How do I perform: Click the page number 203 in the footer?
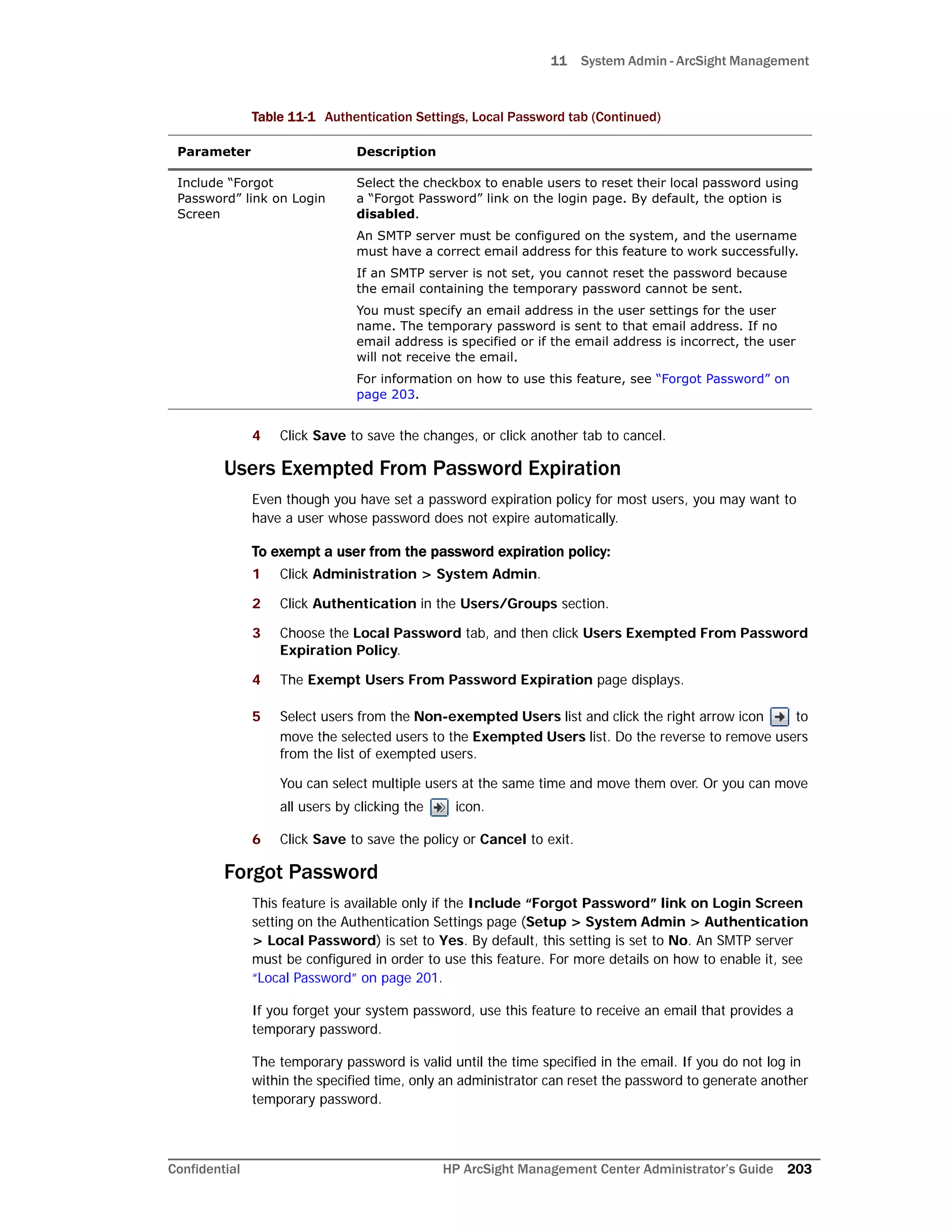[x=799, y=1169]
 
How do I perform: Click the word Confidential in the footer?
[x=204, y=1169]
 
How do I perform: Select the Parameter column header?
[x=214, y=152]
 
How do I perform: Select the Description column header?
[x=396, y=152]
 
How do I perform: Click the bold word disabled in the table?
[x=386, y=214]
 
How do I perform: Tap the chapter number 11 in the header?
[x=558, y=61]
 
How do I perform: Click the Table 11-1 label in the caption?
[x=283, y=117]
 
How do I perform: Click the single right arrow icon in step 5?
[x=780, y=717]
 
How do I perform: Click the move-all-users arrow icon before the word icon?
[x=439, y=807]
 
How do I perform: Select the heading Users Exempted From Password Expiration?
[x=422, y=469]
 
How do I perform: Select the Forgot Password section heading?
[x=301, y=872]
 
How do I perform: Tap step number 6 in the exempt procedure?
[x=256, y=839]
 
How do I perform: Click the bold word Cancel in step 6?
[x=502, y=839]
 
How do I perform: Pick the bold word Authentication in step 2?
[x=364, y=603]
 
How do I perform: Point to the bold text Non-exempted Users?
[x=487, y=716]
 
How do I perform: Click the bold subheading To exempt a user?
[x=431, y=552]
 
